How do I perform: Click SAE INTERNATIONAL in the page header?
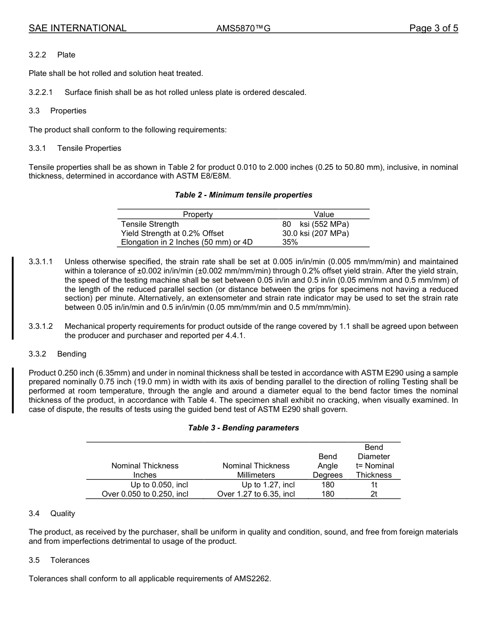[77, 28]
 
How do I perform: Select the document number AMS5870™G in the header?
[243, 29]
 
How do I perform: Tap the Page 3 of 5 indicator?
[433, 28]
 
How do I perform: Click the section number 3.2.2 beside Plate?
[37, 55]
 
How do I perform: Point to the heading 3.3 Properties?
[57, 111]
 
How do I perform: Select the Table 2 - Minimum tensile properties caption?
[243, 195]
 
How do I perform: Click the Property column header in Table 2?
[197, 214]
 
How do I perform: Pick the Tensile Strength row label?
[150, 224]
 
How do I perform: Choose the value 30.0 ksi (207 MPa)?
[315, 233]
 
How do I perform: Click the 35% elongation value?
[290, 243]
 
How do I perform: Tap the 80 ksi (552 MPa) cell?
[315, 224]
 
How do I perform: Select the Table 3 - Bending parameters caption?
[243, 428]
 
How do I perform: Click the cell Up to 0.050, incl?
[159, 485]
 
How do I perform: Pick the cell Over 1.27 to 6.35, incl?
[256, 494]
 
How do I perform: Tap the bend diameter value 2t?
[374, 494]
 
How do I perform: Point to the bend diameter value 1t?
[374, 485]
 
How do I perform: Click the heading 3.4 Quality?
[52, 514]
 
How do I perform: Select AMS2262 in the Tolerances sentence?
[252, 579]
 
